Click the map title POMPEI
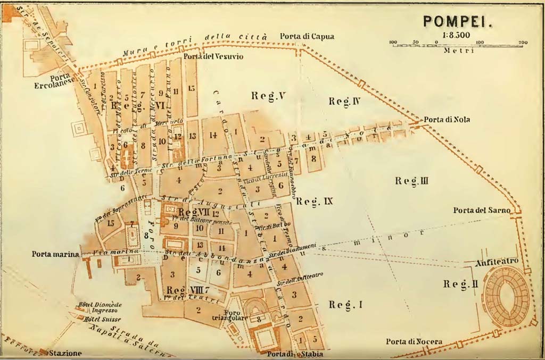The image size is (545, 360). (x=458, y=21)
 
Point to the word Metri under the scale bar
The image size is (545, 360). (x=458, y=51)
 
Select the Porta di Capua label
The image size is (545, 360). (x=307, y=36)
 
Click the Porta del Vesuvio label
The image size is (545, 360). (x=213, y=57)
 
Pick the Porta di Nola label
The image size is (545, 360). (x=447, y=120)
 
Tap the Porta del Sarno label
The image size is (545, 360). (x=482, y=211)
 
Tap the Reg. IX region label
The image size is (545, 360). (x=314, y=201)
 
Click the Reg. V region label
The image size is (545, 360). (x=269, y=96)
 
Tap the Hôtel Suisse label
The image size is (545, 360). (x=100, y=319)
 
